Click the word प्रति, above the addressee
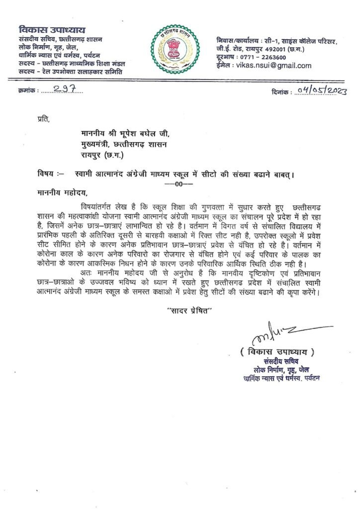point(44,119)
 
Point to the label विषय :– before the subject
point(51,173)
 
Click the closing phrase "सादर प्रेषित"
point(189,311)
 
